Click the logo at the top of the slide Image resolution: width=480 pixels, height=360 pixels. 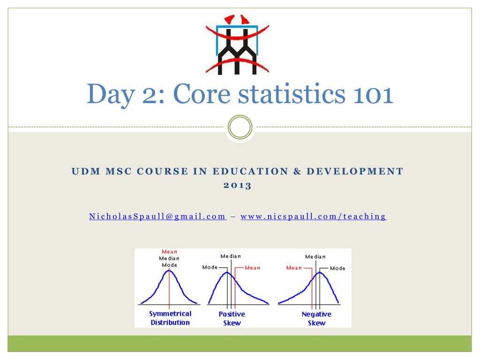(237, 45)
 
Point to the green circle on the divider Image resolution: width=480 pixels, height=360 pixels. (240, 127)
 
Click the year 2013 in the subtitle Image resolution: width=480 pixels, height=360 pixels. (237, 185)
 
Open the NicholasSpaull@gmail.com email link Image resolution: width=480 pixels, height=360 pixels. (157, 217)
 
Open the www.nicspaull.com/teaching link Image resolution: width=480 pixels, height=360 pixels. (313, 217)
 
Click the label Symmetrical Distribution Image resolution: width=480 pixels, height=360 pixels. (170, 318)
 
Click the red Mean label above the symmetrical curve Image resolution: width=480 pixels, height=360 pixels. (169, 252)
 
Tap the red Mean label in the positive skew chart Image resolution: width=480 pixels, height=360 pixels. (252, 268)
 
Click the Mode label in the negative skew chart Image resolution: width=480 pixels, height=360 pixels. (337, 268)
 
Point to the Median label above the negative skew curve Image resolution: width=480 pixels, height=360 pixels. (315, 256)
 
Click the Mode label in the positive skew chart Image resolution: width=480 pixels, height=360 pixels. (210, 267)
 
